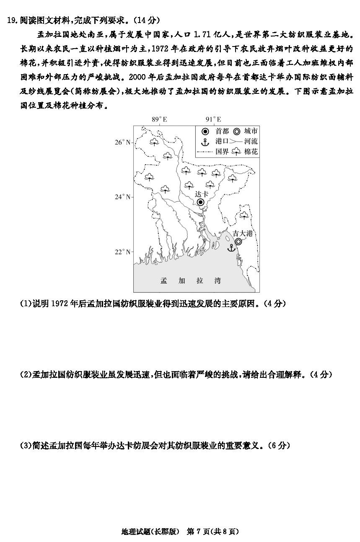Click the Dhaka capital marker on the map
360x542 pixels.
coord(200,202)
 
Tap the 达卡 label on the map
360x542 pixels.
coord(202,194)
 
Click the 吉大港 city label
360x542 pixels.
coord(242,233)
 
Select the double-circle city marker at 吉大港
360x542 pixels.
coord(238,242)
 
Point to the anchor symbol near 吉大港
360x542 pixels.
coord(231,248)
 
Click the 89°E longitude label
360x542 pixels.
coord(159,119)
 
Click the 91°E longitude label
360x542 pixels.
coord(213,119)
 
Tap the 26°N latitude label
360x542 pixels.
coord(122,142)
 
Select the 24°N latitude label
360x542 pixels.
coord(122,197)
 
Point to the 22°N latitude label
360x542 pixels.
coord(122,252)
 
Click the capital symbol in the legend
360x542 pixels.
coord(205,132)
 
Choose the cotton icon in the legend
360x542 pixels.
coord(236,152)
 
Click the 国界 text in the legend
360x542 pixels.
coord(222,152)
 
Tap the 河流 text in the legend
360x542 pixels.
coord(251,141)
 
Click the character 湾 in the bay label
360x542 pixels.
coord(218,281)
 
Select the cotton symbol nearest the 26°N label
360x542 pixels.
coord(154,142)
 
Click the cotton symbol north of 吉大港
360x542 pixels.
coord(244,215)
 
